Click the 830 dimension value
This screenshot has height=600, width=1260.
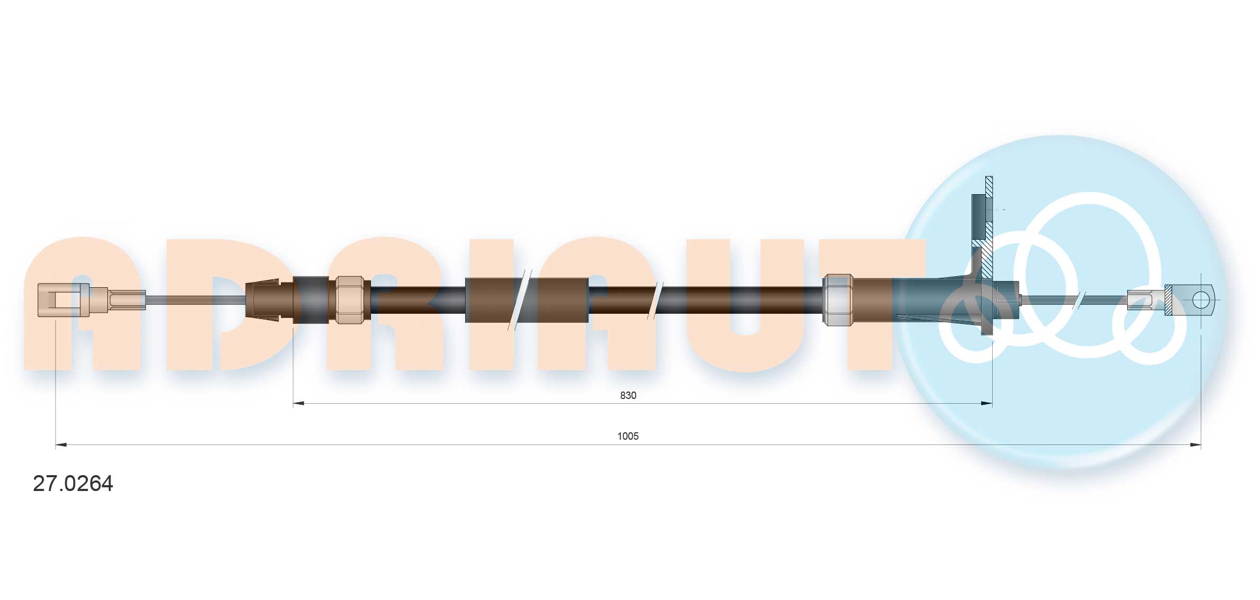[628, 395]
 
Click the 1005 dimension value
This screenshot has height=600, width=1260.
[628, 436]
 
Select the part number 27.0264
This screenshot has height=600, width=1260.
[73, 484]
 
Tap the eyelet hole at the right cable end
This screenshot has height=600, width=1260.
[1201, 300]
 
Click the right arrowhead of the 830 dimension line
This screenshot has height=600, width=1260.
[986, 404]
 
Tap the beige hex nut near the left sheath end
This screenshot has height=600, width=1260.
[350, 299]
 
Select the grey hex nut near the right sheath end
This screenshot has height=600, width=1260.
[839, 299]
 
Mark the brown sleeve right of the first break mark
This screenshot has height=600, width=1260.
[562, 299]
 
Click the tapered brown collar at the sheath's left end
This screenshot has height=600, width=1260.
[263, 299]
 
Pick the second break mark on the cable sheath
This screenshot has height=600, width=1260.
[658, 300]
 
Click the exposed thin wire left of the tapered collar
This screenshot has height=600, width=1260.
[196, 300]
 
